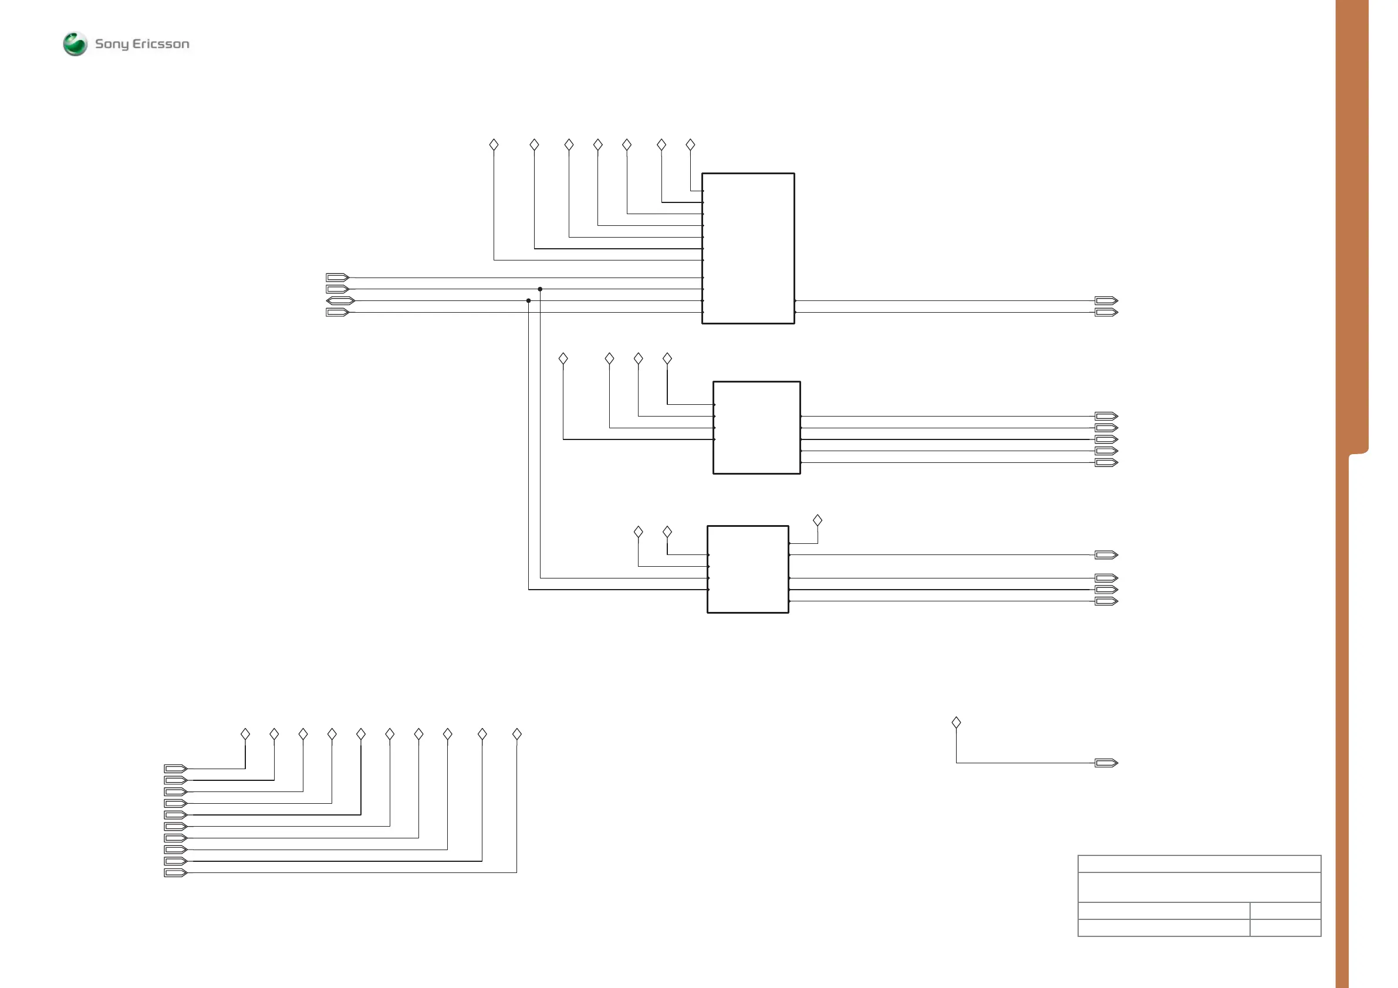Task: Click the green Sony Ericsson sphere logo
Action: [75, 44]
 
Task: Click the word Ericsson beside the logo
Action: [161, 44]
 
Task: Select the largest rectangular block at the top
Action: [748, 248]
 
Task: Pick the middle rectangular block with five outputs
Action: [757, 427]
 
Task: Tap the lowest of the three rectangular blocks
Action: [748, 569]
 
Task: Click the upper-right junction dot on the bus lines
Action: [540, 289]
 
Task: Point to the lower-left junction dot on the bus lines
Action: [529, 301]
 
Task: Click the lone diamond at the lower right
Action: [956, 723]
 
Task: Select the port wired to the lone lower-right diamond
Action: [1106, 763]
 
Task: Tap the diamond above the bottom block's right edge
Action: [818, 520]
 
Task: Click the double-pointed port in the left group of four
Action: [340, 301]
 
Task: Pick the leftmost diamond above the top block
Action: [494, 145]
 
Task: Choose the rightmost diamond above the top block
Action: [690, 145]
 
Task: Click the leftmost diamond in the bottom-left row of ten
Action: [245, 734]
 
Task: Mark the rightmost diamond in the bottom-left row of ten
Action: [517, 734]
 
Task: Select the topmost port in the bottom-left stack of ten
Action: [175, 769]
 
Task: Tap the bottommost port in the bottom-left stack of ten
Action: [175, 873]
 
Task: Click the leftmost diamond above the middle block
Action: [563, 358]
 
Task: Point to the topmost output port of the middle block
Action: [1106, 417]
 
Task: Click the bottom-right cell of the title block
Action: [1285, 928]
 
